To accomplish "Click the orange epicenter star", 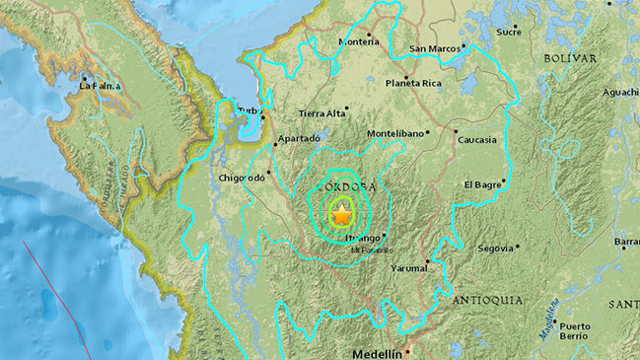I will pos(341,214).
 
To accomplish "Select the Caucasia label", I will pos(477,140).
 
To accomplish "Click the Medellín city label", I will pos(378,352).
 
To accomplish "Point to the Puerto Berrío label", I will pos(575,331).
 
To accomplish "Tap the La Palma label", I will pos(100,86).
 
